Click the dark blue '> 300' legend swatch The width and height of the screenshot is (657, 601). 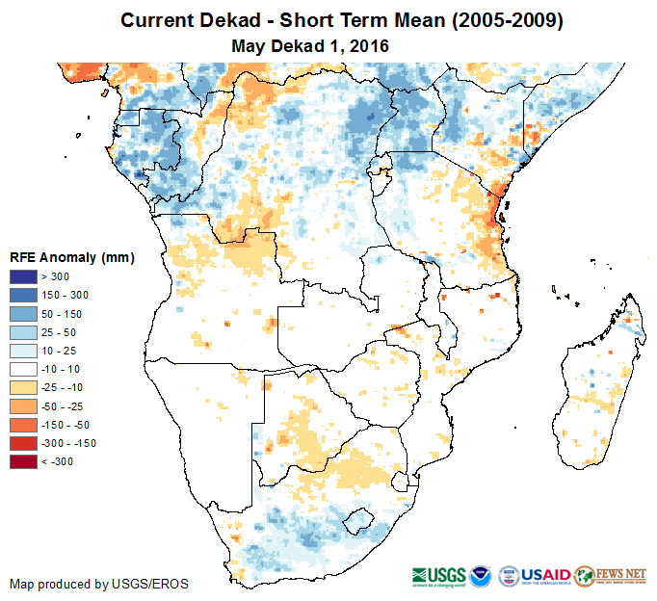(22, 276)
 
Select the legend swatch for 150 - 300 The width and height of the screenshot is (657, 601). (22, 295)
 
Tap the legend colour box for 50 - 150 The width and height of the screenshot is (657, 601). (22, 313)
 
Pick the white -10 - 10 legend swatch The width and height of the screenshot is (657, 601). (22, 369)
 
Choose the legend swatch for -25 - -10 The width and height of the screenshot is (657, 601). (22, 387)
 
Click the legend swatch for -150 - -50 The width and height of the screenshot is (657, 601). (22, 425)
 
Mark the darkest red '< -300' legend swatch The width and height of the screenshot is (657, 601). (22, 461)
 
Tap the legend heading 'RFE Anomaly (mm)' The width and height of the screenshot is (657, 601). (72, 257)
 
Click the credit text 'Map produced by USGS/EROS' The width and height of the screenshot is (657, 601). (99, 584)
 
